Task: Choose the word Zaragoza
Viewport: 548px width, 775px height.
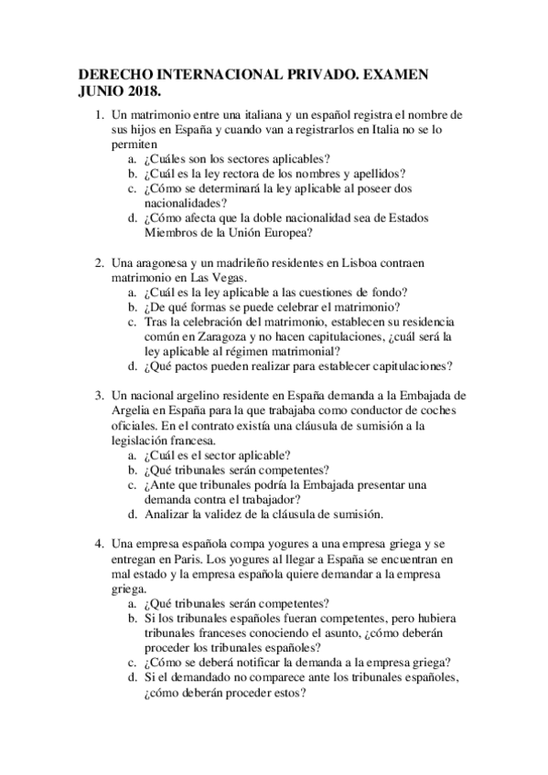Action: tap(220, 335)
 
